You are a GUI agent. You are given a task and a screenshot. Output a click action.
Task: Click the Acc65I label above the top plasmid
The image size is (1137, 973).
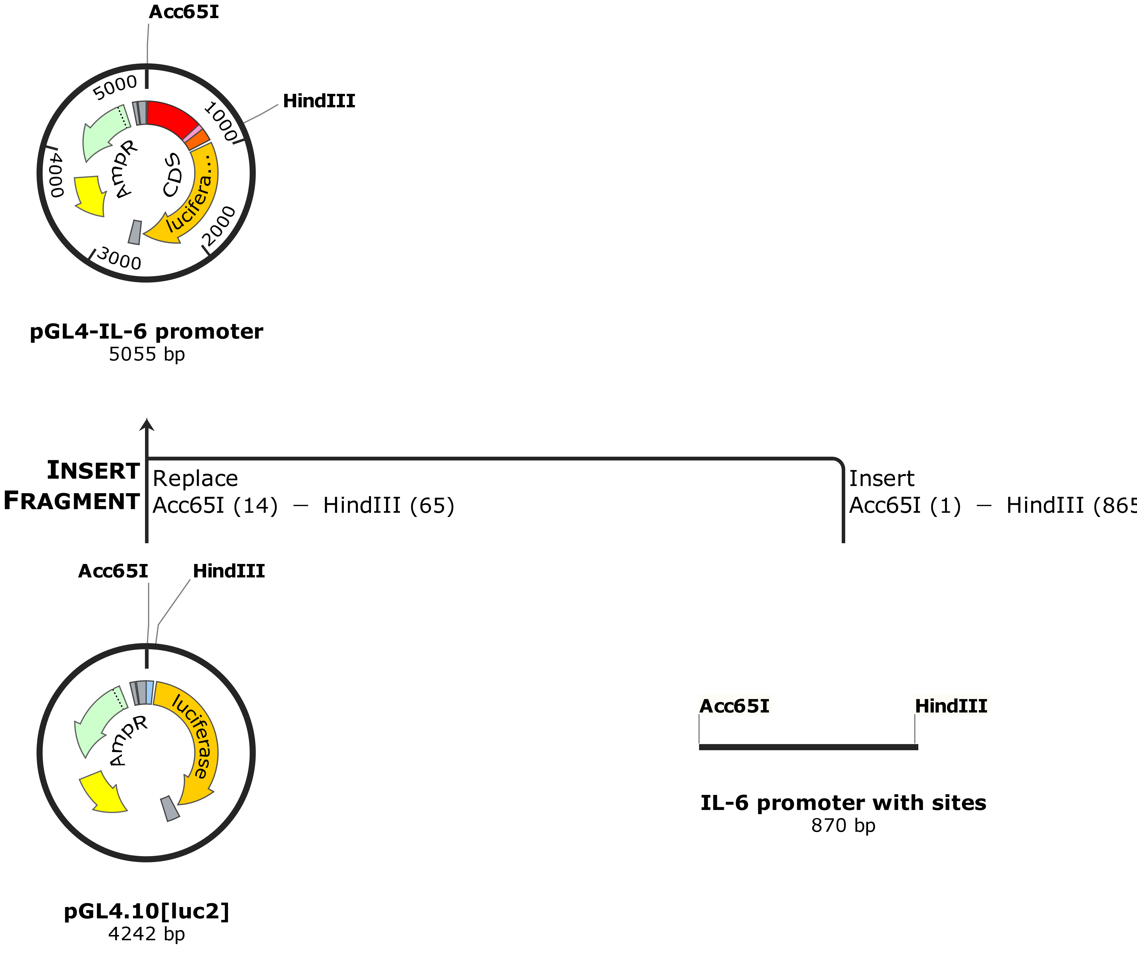(184, 12)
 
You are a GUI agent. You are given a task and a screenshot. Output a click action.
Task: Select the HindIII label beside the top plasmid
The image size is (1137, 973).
(319, 101)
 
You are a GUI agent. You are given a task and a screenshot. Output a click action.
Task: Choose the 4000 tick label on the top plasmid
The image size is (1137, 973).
(56, 175)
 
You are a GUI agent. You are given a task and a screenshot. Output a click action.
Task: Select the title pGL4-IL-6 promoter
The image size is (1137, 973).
(146, 332)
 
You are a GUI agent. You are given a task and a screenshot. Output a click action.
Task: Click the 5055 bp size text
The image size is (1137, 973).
(146, 354)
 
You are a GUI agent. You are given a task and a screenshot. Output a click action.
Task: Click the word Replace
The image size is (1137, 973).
(195, 479)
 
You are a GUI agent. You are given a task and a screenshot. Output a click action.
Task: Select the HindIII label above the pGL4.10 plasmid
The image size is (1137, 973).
(229, 571)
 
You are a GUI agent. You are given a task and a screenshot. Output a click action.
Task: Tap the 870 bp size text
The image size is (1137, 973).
(843, 825)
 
